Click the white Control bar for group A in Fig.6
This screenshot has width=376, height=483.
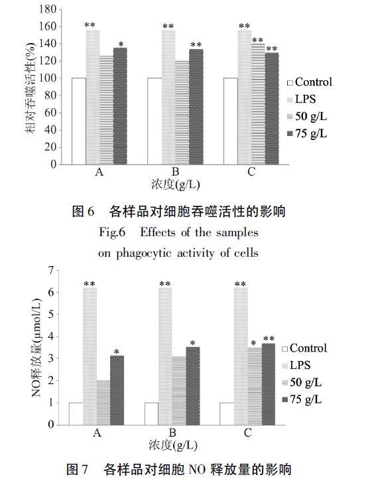click(79, 119)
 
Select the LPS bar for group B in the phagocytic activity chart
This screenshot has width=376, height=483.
click(168, 96)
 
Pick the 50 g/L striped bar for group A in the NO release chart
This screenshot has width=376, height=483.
click(103, 401)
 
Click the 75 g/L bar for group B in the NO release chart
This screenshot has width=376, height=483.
click(193, 385)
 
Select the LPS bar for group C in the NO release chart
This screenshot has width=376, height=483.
click(240, 355)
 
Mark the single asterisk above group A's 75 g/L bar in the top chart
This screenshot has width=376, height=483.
click(120, 44)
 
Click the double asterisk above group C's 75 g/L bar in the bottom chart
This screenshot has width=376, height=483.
click(269, 339)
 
